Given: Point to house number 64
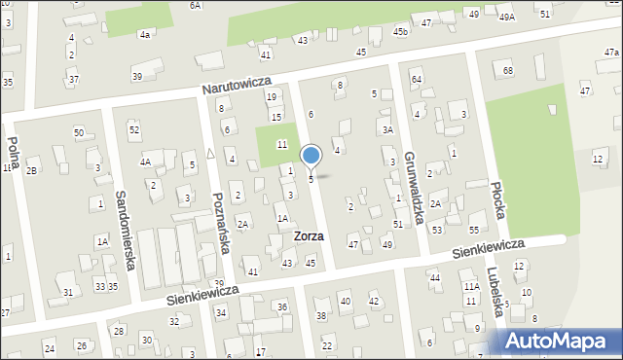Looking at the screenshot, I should pyautogui.click(x=416, y=79).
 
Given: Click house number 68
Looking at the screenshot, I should pyautogui.click(x=507, y=71).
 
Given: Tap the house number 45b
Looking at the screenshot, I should pyautogui.click(x=400, y=32).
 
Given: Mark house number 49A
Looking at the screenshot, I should pyautogui.click(x=506, y=17).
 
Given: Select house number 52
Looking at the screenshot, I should pyautogui.click(x=134, y=129).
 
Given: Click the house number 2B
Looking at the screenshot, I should pyautogui.click(x=31, y=171).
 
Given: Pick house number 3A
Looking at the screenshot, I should pyautogui.click(x=387, y=129).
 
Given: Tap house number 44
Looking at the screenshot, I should pyautogui.click(x=434, y=278).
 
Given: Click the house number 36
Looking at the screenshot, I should pyautogui.click(x=282, y=307).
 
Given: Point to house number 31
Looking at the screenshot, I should pyautogui.click(x=67, y=292).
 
